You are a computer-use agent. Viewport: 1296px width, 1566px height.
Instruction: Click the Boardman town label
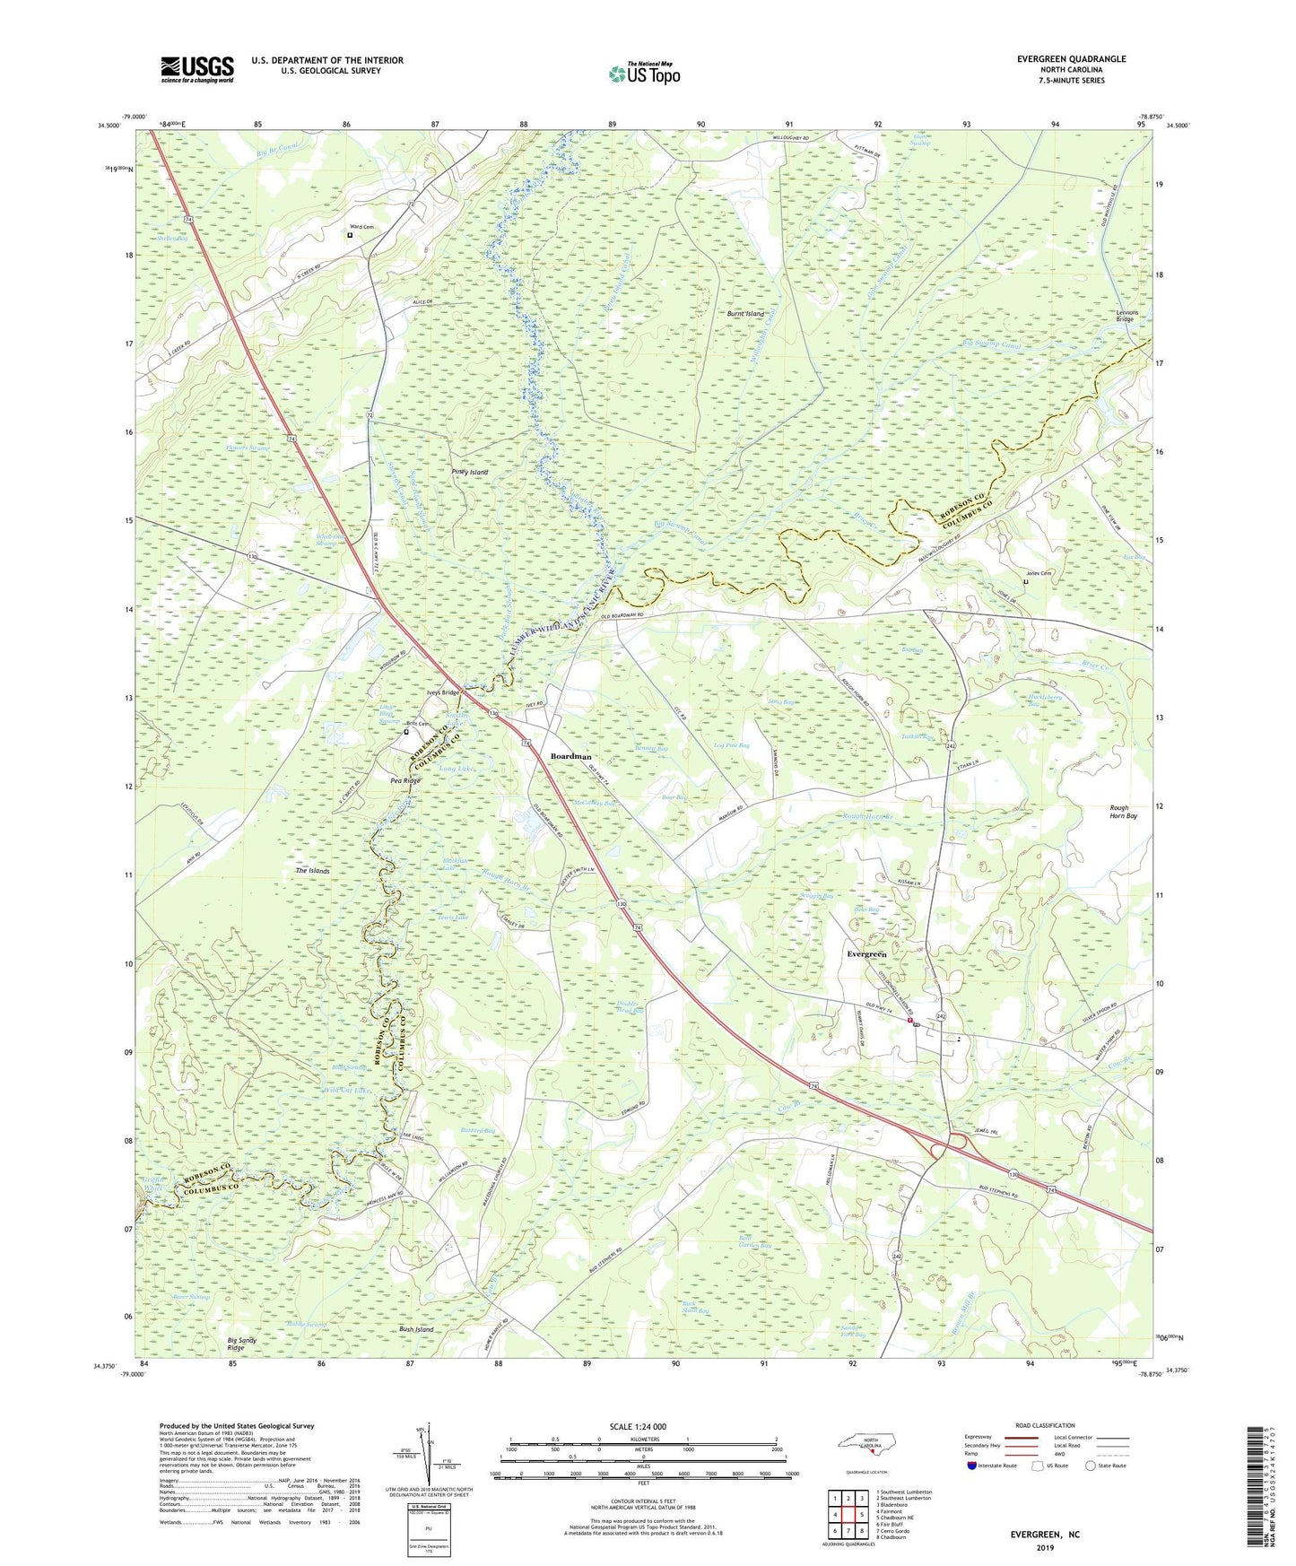570,756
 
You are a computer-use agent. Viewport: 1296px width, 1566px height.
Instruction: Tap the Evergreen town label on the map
866,954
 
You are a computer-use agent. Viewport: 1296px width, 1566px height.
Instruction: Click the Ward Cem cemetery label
361,227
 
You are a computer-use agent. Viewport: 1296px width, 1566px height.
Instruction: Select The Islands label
313,871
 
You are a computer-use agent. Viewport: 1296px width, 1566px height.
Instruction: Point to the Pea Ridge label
405,780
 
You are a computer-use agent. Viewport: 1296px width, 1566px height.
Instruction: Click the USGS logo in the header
197,69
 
